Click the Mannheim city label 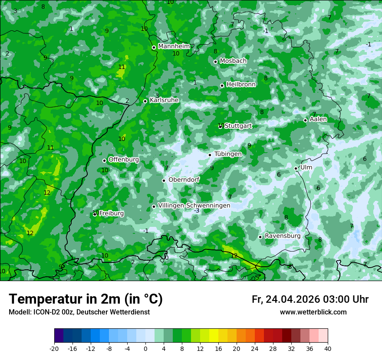(174, 46)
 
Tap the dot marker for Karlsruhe (145, 101)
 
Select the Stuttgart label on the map (238, 126)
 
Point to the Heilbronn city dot (222, 85)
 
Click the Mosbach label (233, 61)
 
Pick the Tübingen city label (228, 154)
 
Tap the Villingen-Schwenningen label (194, 206)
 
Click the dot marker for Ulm (296, 168)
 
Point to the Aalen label (318, 119)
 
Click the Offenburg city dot (104, 160)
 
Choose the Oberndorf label (184, 180)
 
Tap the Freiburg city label (111, 213)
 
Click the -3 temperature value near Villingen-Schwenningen (197, 211)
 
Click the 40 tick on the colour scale (328, 348)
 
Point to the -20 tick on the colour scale (54, 348)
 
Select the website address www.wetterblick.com (313, 312)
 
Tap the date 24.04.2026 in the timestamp (293, 299)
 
